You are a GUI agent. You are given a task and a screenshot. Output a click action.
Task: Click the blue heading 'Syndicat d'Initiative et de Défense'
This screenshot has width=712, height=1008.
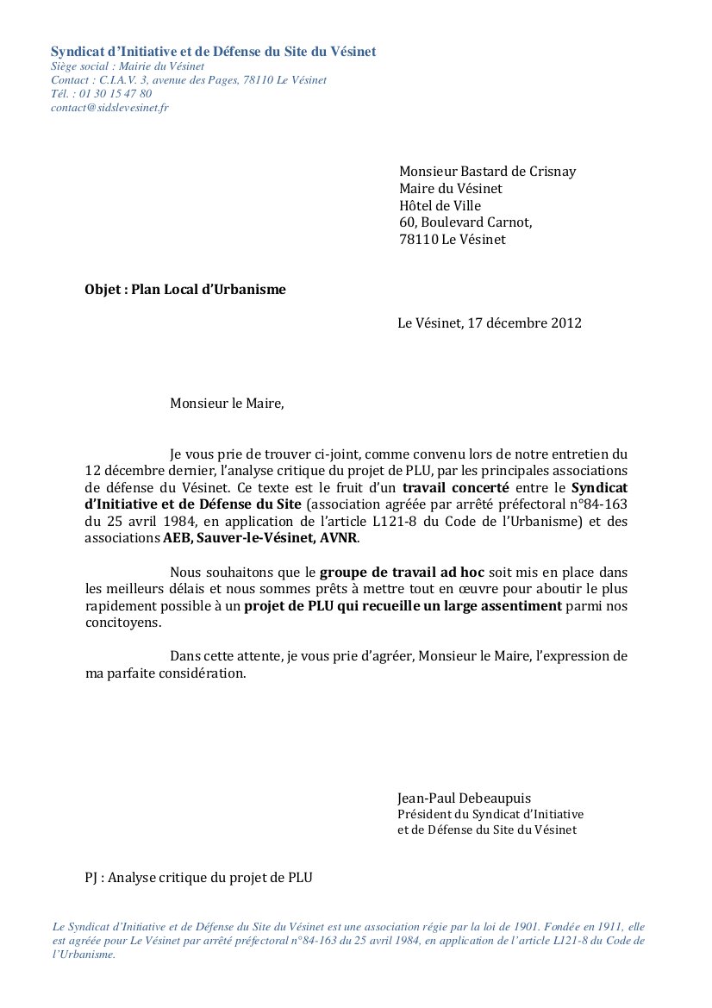(x=213, y=52)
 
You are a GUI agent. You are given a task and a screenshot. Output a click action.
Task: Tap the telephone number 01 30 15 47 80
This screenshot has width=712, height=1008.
(x=113, y=94)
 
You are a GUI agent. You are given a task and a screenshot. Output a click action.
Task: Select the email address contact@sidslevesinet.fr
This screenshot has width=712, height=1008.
(x=109, y=108)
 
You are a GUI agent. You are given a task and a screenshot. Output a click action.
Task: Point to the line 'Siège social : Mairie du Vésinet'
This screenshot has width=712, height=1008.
(x=127, y=66)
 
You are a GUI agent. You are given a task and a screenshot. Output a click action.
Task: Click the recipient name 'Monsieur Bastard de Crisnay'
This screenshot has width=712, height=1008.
(x=487, y=171)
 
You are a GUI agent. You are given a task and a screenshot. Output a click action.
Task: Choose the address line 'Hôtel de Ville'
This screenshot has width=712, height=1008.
(x=440, y=205)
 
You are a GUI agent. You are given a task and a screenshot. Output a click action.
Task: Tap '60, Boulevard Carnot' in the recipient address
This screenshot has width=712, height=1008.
(x=465, y=222)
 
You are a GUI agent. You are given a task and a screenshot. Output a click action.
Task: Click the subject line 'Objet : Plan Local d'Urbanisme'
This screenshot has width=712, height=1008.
(x=184, y=290)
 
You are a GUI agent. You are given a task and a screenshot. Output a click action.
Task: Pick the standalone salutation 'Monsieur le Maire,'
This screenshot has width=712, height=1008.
(x=226, y=403)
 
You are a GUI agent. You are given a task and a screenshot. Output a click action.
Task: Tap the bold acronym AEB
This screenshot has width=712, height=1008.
(x=178, y=538)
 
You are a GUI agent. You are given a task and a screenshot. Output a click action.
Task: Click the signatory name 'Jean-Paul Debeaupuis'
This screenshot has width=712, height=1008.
(x=464, y=798)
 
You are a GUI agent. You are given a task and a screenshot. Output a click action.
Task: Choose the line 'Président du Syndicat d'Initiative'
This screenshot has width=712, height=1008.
(x=490, y=814)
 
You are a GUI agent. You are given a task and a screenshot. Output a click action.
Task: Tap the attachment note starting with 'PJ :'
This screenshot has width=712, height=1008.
(x=198, y=878)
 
